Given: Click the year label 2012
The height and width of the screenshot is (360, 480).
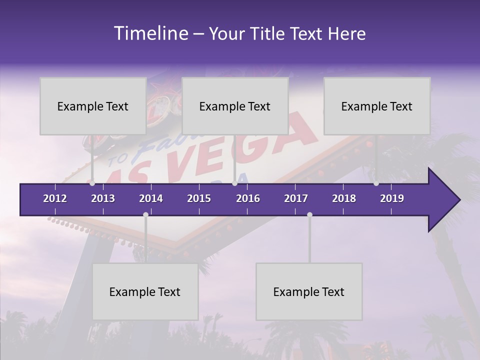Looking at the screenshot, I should point(55,198).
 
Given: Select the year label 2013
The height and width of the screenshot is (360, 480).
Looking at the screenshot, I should point(103,198).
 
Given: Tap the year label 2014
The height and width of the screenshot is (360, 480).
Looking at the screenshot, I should point(151,198).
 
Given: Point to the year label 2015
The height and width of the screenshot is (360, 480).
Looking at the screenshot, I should point(199,198).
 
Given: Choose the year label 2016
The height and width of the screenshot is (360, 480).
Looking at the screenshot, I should point(248,198).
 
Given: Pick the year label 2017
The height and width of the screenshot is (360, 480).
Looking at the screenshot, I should point(296,198).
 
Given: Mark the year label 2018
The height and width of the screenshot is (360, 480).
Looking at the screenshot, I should point(344,198).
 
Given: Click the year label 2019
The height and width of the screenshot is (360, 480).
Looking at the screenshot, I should point(392,198).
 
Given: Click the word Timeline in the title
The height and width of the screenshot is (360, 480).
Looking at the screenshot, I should point(150,33).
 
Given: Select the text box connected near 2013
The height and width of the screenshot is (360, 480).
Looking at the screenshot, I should point(93,106).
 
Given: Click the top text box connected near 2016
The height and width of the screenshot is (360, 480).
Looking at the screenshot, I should point(235,106).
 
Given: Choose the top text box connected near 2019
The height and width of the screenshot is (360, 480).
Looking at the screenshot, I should point(377,106).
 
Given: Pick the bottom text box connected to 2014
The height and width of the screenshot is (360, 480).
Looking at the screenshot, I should point(145,291).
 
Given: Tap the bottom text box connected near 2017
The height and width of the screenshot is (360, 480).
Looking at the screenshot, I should point(309,291).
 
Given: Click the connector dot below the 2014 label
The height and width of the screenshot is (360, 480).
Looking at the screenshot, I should point(145,214).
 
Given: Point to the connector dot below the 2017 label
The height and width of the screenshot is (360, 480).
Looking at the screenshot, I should point(309,214).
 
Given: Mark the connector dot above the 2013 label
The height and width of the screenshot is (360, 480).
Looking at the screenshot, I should point(92,183).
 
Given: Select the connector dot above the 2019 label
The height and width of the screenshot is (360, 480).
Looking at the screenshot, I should point(376,183).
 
